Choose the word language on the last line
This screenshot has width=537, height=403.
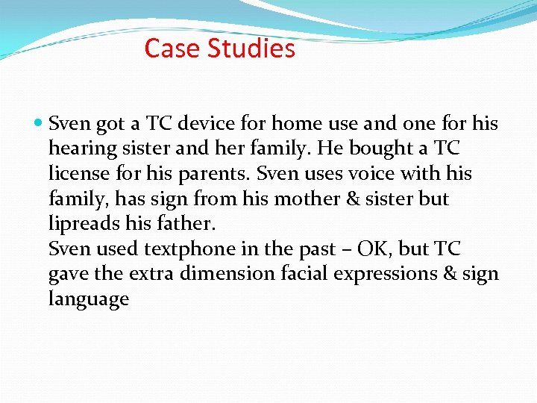(x=88, y=301)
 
